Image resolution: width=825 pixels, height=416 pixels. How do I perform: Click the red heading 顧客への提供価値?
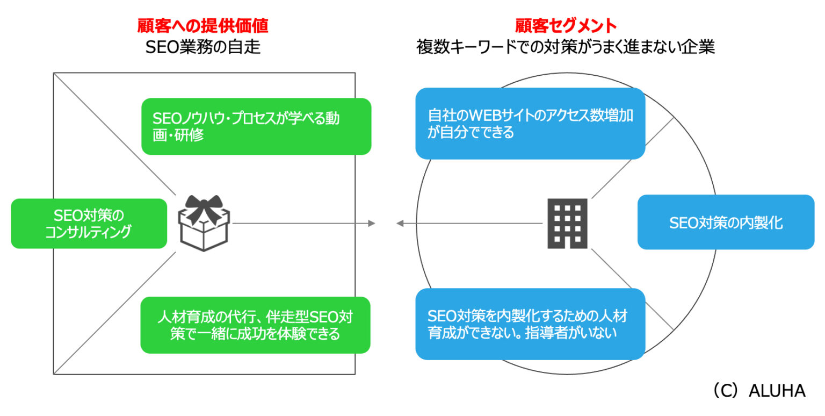coord(202,25)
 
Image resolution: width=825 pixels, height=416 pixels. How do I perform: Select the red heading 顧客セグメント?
coord(566,25)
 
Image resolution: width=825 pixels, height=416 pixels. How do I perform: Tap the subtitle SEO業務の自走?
coord(202,47)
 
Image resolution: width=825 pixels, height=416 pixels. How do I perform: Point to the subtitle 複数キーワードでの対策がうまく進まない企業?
coord(566,47)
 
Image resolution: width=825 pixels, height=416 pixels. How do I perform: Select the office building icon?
coord(567,223)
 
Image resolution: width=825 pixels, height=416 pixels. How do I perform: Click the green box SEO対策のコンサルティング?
coord(89,224)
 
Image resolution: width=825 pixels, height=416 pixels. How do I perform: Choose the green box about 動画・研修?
coord(256,126)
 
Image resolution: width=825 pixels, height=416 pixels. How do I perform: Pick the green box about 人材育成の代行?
coord(256,325)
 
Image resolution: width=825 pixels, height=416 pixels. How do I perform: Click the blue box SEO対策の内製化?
coord(726,222)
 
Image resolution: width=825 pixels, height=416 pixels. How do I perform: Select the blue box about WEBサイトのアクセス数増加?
coord(530,124)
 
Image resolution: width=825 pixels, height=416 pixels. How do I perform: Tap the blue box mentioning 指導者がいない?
coord(530,324)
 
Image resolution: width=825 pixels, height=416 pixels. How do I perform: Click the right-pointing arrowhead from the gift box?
coord(371,223)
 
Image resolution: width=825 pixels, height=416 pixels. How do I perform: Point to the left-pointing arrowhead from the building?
coord(400,223)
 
